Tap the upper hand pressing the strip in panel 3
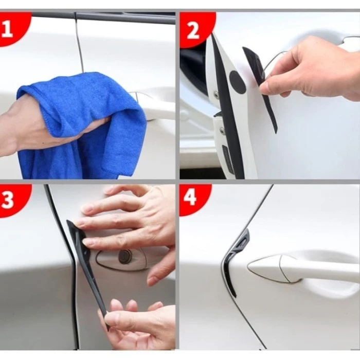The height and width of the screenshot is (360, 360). tap(129, 221)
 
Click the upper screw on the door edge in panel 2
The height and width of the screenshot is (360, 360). tap(217, 93)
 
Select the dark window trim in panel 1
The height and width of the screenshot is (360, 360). tap(103, 17)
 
